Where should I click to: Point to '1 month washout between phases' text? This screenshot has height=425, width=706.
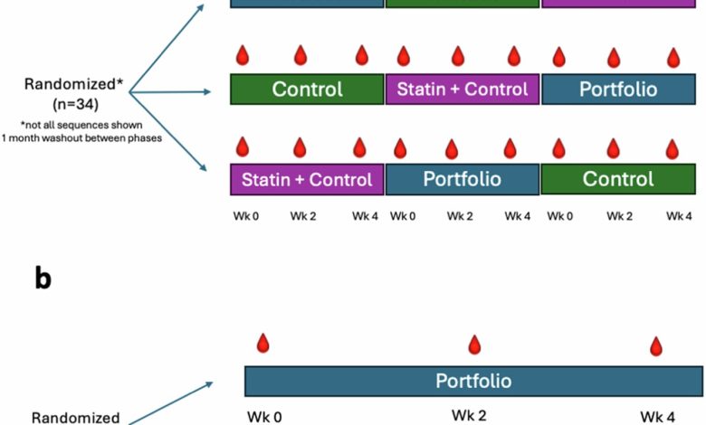point(81,138)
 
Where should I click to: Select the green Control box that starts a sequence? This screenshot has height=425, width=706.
point(308,90)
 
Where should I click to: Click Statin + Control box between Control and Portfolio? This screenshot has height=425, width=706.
point(463,90)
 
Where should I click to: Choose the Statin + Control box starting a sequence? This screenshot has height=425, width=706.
point(308,179)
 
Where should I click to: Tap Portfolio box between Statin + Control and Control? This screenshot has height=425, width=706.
point(462,179)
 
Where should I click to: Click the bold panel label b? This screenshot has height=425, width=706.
point(43,279)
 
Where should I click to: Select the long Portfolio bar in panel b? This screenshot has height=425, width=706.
point(473,381)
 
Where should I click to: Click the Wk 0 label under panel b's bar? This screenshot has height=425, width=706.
point(264,418)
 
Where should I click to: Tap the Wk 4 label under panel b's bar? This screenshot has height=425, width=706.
point(657,417)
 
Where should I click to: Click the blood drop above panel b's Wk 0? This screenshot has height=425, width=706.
point(263,344)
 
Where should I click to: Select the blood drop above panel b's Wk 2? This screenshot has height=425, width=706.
point(474,345)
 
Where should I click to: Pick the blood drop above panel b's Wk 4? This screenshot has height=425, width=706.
point(657,346)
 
